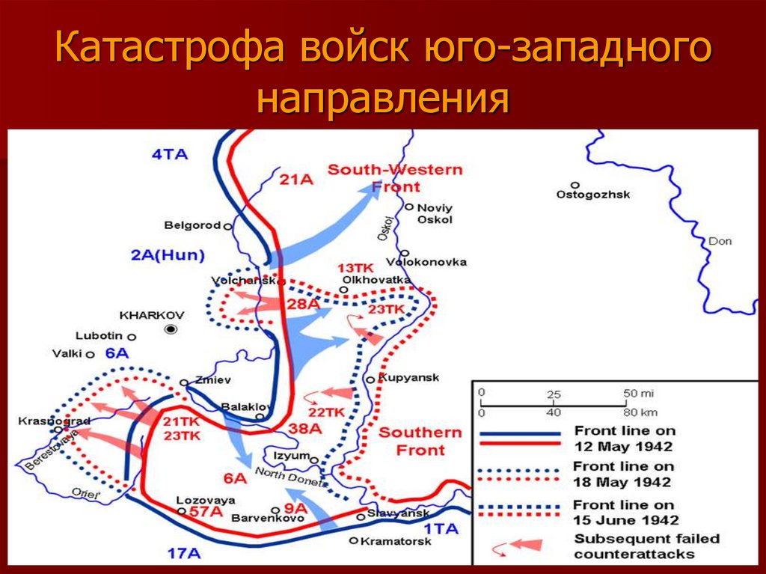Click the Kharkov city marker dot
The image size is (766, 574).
171,329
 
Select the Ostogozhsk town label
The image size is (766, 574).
592,195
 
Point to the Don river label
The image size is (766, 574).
720,241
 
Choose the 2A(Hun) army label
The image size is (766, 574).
168,255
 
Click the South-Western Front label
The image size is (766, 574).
395,178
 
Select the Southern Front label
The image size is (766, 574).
420,442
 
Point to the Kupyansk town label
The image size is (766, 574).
409,377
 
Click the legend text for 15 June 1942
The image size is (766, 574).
625,513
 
